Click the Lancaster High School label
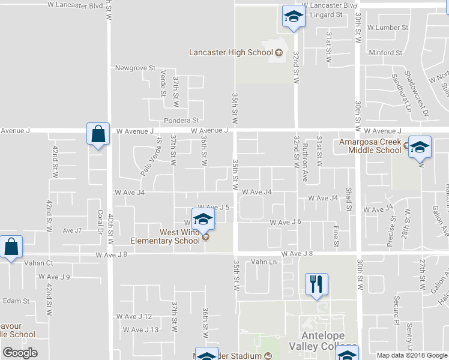[x=231, y=52]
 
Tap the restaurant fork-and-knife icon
[x=316, y=284]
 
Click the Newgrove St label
[x=135, y=68]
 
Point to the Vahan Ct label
[x=38, y=263]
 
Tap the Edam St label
[x=16, y=301]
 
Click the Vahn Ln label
[x=264, y=262]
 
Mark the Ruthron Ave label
[x=306, y=163]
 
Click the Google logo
[x=20, y=353]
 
